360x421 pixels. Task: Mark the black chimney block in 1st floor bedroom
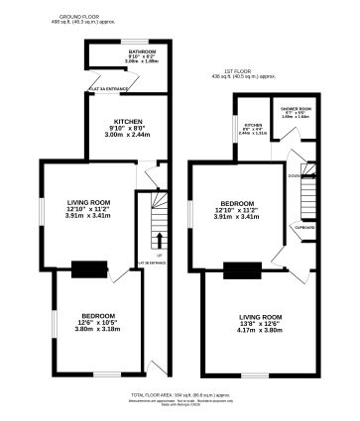(241, 267)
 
